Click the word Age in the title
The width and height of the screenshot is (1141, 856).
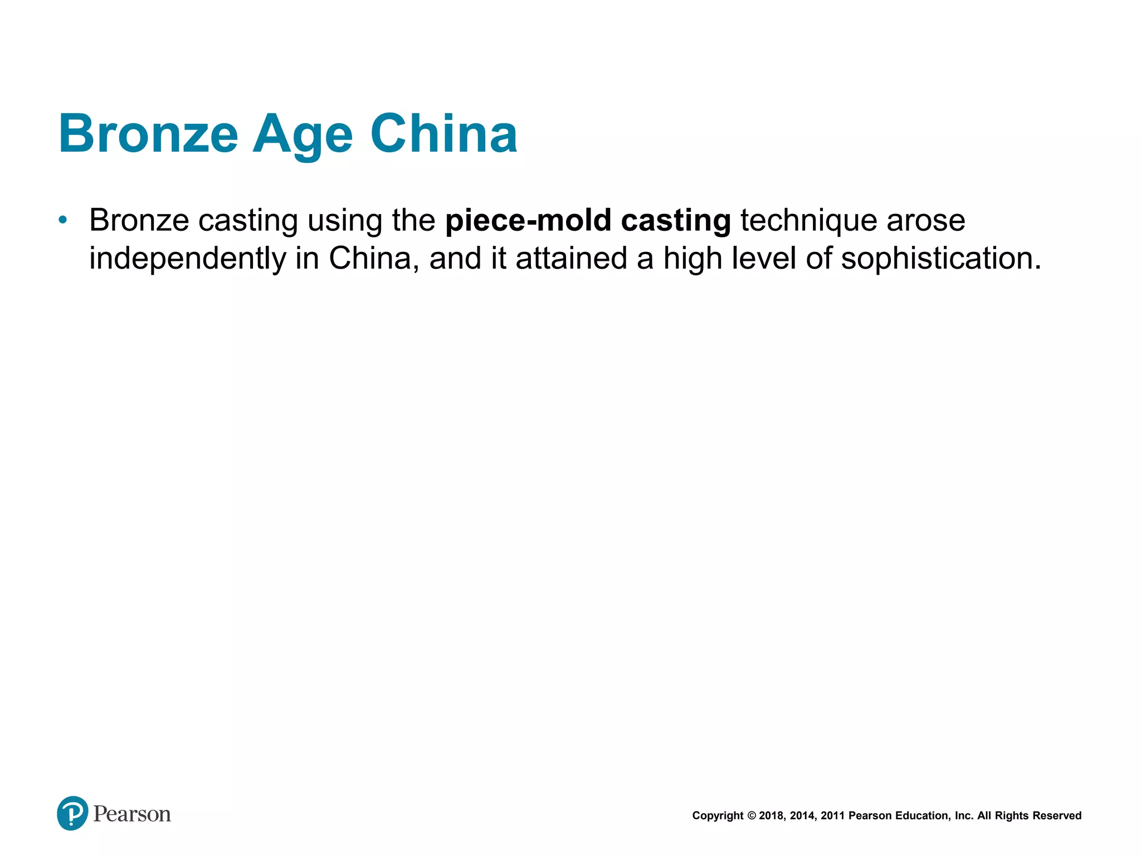pyautogui.click(x=303, y=135)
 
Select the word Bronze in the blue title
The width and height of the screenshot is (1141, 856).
pyautogui.click(x=148, y=134)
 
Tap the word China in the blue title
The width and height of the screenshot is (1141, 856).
pyautogui.click(x=444, y=134)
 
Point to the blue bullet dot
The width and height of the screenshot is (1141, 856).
pyautogui.click(x=63, y=220)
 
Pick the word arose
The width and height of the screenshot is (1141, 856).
pyautogui.click(x=926, y=221)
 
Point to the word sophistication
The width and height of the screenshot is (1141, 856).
pyautogui.click(x=940, y=259)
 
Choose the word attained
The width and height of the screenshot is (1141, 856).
pyautogui.click(x=572, y=258)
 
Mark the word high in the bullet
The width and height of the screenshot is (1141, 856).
pyautogui.click(x=693, y=259)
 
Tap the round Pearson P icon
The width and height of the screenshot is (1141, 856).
pyautogui.click(x=72, y=813)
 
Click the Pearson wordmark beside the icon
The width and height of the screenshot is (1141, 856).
pyautogui.click(x=132, y=814)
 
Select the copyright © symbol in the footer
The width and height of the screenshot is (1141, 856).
pyautogui.click(x=752, y=816)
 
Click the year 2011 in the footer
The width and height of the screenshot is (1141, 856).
pyautogui.click(x=833, y=816)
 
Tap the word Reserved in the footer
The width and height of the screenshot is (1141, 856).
pyautogui.click(x=1057, y=816)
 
